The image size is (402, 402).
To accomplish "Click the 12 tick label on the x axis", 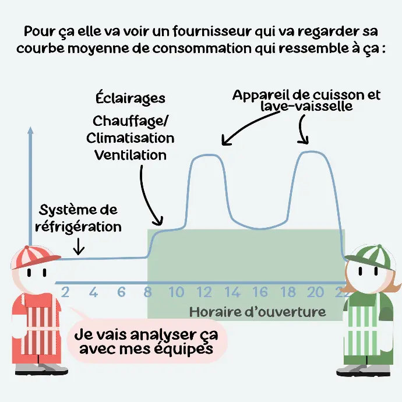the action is (x=204, y=292).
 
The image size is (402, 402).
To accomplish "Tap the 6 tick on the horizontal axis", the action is (x=121, y=292).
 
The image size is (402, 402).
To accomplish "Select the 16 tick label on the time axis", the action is (x=260, y=292).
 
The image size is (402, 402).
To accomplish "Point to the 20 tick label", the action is (x=315, y=292).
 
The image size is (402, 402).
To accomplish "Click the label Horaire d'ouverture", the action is (x=258, y=312).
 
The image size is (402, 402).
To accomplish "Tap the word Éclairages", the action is (x=131, y=98).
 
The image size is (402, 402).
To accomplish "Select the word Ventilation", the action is (x=131, y=155).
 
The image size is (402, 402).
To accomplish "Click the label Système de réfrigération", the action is (x=78, y=218).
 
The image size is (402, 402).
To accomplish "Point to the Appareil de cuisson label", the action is (x=306, y=95).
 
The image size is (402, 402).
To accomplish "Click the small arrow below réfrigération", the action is (x=79, y=246).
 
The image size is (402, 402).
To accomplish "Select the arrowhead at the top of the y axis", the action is (x=30, y=130).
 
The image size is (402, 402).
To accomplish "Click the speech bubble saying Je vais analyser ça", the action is (x=147, y=341).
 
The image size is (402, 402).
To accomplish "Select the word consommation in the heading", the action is (x=202, y=48).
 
